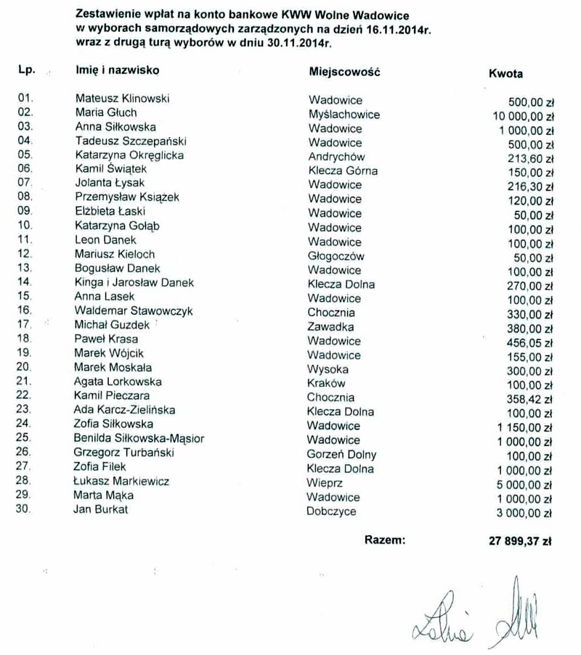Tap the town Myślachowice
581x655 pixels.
(344, 115)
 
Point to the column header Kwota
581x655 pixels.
(506, 73)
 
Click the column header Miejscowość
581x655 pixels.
(345, 73)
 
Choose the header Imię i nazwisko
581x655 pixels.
(117, 70)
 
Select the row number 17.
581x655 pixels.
(25, 326)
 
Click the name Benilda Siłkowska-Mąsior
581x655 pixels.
(139, 440)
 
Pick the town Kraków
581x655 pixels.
(327, 383)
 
